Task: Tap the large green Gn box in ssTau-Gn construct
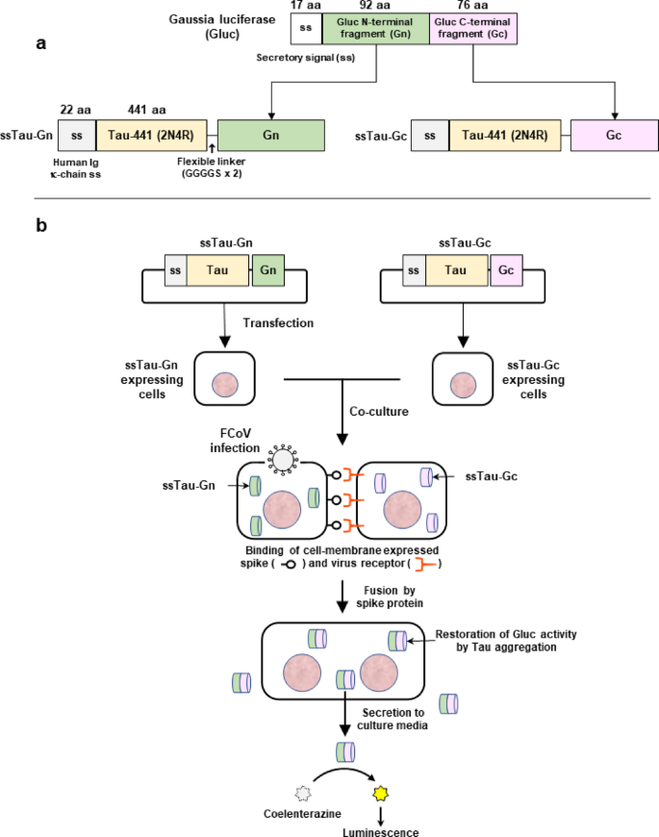271,137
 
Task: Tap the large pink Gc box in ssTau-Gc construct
614,137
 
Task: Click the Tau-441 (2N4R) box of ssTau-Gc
509,137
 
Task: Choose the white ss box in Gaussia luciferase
306,29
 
